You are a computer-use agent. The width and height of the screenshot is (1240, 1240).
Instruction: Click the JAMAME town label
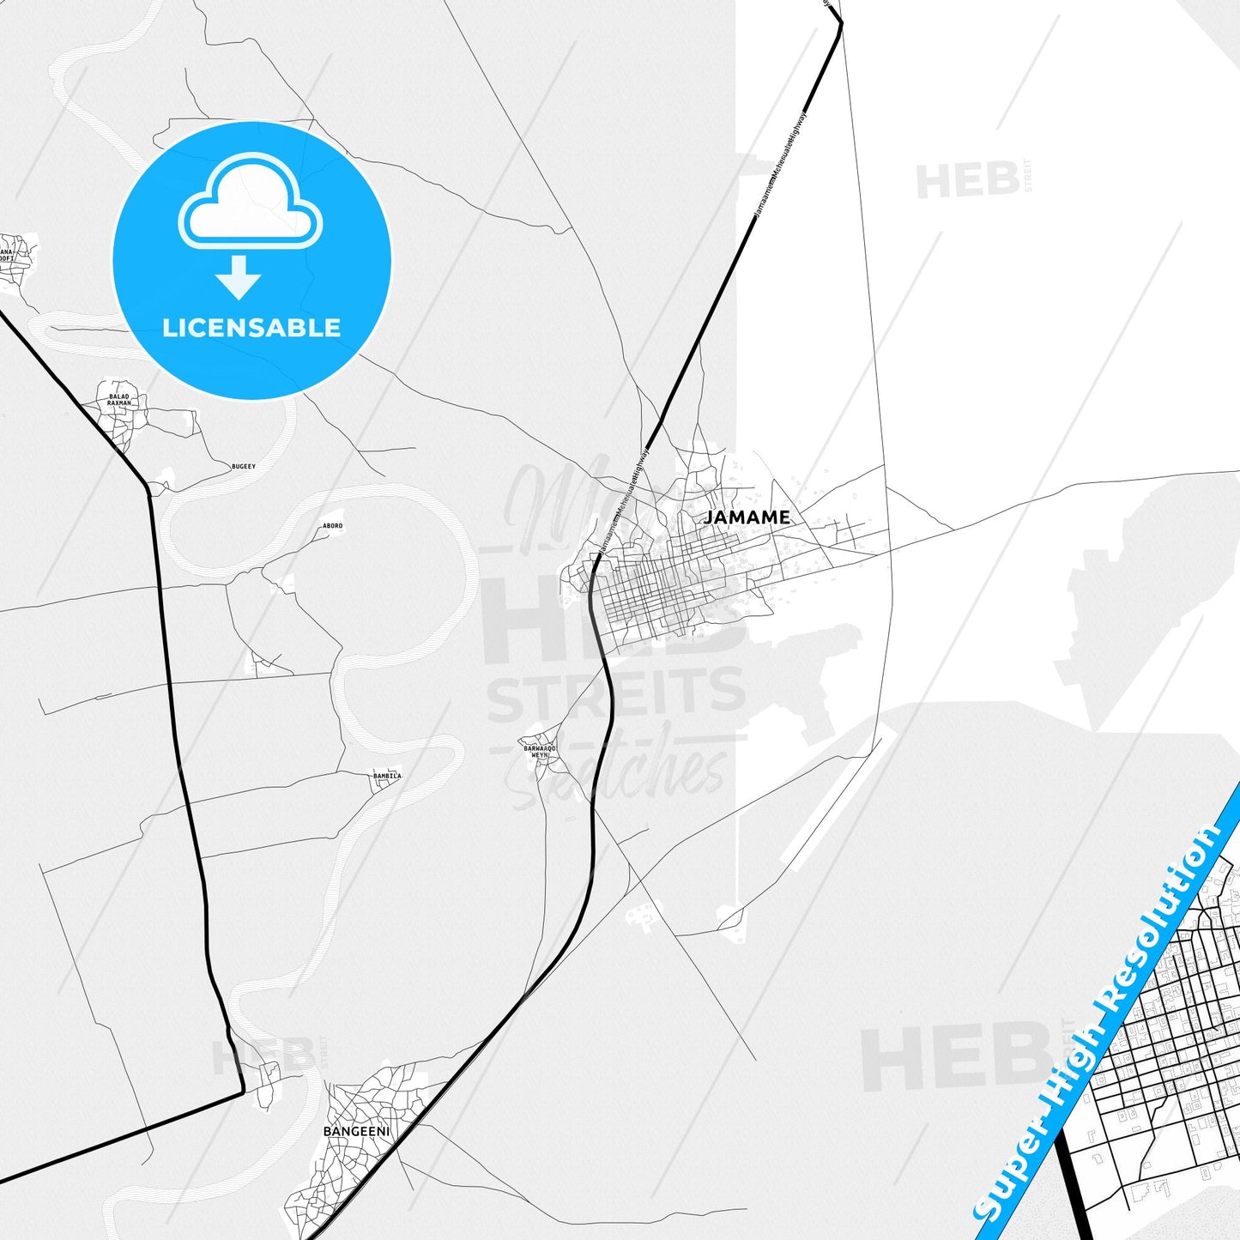click(747, 517)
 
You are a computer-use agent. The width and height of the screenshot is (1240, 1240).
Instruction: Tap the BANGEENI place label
click(356, 1131)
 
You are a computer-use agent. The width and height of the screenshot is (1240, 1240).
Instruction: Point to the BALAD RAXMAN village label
click(119, 400)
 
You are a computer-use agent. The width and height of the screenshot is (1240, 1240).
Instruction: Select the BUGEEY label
click(243, 467)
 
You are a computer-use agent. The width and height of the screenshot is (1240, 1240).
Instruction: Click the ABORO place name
click(332, 526)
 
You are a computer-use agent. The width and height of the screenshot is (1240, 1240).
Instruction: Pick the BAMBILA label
click(387, 776)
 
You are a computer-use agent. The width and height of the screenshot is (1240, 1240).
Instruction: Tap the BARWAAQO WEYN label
click(541, 751)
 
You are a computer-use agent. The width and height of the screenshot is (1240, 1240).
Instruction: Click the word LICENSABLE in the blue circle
click(251, 328)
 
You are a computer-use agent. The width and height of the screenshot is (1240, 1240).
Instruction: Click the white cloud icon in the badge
click(250, 203)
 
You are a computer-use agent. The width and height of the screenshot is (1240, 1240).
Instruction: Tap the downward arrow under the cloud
click(239, 277)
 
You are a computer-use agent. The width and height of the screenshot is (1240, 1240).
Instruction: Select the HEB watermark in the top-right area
click(967, 181)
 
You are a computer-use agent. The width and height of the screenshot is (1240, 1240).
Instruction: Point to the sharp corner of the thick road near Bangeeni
click(243, 1092)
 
